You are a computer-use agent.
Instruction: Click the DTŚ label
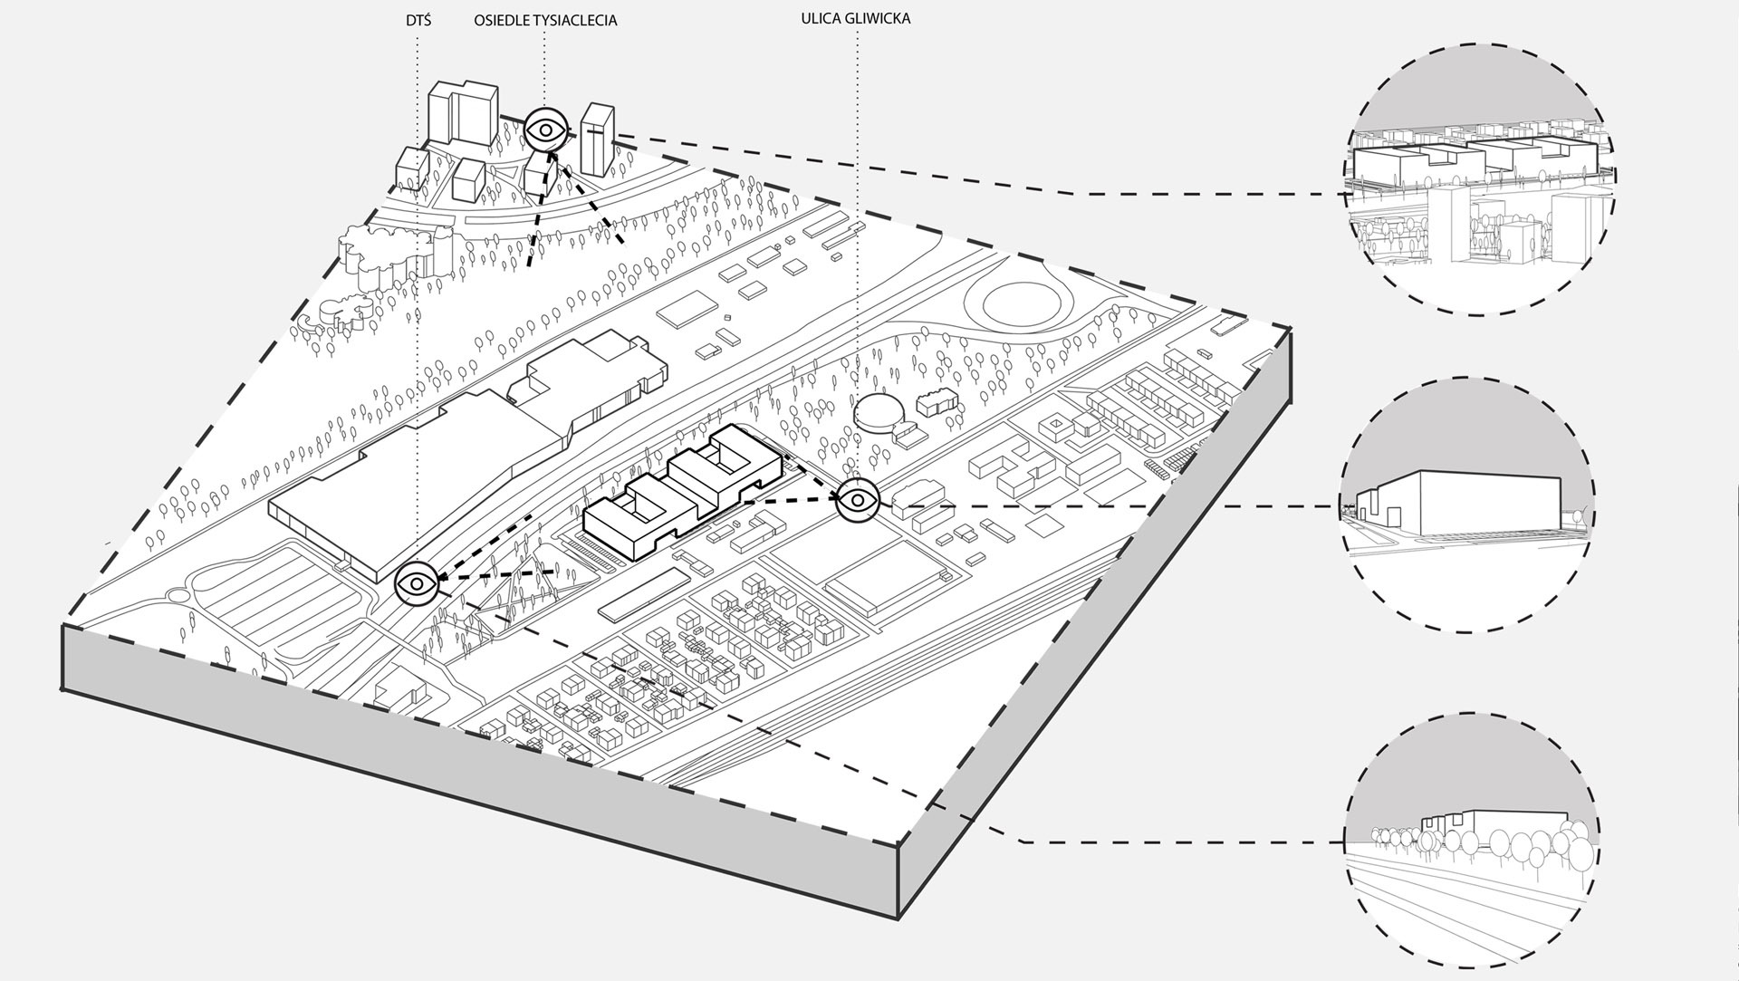419,19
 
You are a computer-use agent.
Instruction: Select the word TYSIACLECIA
578,20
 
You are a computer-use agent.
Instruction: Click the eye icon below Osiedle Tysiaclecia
546,130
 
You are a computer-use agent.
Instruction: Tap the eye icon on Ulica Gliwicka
857,501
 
